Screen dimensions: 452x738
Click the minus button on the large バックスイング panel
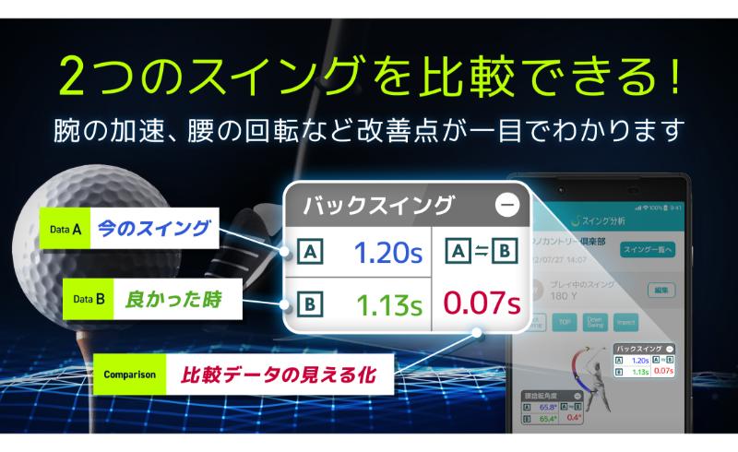pos(506,205)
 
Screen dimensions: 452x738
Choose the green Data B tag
pos(89,299)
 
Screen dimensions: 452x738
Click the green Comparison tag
pos(128,375)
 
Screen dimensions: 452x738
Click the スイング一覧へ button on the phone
pos(649,249)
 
